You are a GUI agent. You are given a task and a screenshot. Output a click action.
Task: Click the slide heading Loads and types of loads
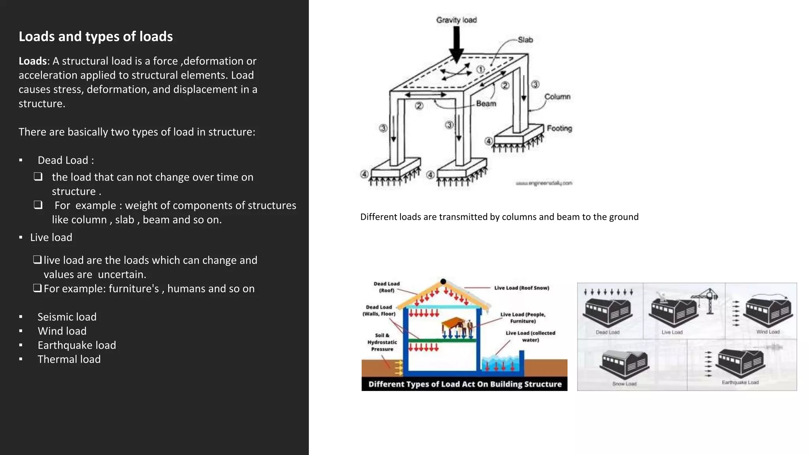pyautogui.click(x=96, y=36)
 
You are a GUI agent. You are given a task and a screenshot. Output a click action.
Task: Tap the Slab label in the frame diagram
pyautogui.click(x=525, y=40)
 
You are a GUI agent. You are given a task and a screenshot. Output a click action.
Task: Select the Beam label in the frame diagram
pyautogui.click(x=486, y=103)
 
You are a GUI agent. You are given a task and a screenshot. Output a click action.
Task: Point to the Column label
pyautogui.click(x=557, y=97)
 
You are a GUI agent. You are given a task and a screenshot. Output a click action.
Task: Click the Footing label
pyautogui.click(x=559, y=128)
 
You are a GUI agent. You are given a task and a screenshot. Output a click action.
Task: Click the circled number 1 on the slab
pyautogui.click(x=480, y=70)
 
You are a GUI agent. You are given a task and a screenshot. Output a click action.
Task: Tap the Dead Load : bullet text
pyautogui.click(x=66, y=160)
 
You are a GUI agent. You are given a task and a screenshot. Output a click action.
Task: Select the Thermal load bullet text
pyautogui.click(x=69, y=359)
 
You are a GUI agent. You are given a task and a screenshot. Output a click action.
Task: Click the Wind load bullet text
pyautogui.click(x=62, y=331)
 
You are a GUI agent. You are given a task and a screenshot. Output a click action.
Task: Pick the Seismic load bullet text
pyautogui.click(x=67, y=317)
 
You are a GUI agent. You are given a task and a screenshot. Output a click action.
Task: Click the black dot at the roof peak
pyautogui.click(x=443, y=282)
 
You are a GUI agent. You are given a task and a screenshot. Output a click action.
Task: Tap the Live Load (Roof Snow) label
pyautogui.click(x=521, y=288)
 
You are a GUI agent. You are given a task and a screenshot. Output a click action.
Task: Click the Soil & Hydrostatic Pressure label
pyautogui.click(x=382, y=342)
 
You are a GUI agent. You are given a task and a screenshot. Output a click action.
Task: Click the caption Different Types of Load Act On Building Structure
pyautogui.click(x=465, y=384)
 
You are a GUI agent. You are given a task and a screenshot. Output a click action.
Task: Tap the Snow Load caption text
pyautogui.click(x=624, y=384)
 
